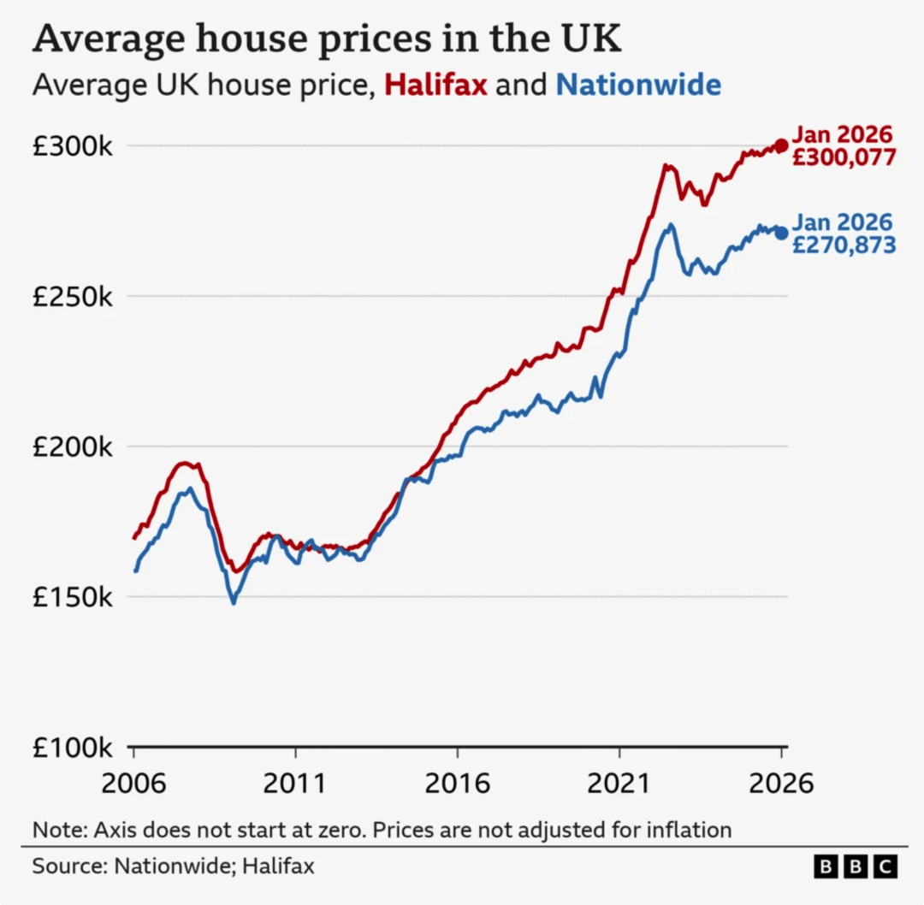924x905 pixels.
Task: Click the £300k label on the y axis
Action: (72, 146)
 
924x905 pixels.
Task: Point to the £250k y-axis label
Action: (72, 297)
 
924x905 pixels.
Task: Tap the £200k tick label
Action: (72, 447)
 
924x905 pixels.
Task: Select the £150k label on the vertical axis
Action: (72, 597)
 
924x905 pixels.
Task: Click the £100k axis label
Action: (72, 748)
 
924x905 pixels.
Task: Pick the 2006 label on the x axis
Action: (133, 784)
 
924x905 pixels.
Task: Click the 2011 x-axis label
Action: (295, 784)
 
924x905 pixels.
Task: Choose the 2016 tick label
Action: (457, 784)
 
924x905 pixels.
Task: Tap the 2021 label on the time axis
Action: (619, 784)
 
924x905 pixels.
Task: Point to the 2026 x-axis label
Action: (780, 784)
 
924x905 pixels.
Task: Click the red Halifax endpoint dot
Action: (781, 145)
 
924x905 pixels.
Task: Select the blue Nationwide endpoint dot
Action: (781, 233)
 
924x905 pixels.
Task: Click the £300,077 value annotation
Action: (844, 158)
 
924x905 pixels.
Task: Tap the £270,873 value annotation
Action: (844, 245)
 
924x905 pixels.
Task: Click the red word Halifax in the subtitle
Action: (436, 86)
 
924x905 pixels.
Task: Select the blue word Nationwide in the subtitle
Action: (638, 86)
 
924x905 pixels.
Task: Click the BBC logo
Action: (855, 867)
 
